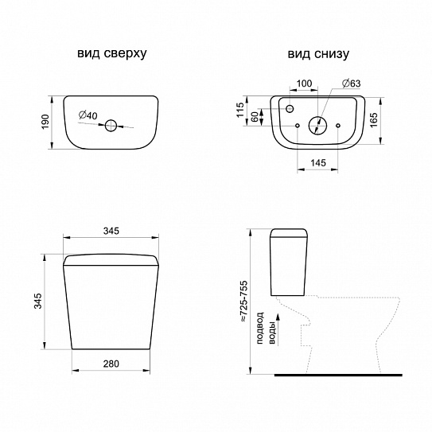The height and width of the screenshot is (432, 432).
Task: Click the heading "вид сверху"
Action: (x=112, y=53)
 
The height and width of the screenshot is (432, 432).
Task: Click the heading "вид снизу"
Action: (x=318, y=54)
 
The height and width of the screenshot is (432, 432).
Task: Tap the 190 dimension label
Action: (x=45, y=122)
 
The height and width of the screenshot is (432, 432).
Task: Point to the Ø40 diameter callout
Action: (x=88, y=115)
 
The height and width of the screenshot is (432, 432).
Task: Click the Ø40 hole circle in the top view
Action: (x=111, y=126)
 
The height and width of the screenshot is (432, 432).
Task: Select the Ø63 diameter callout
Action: (x=351, y=83)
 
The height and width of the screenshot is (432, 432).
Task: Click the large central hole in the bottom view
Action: (x=317, y=126)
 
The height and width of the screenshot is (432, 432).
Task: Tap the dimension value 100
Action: (x=304, y=84)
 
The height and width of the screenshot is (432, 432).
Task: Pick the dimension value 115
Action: (x=240, y=110)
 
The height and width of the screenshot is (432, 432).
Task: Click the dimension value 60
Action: (x=255, y=117)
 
